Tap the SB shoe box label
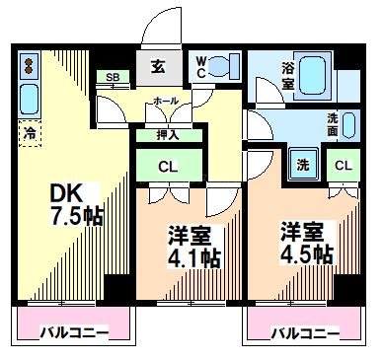point(112,77)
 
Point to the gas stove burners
point(29,68)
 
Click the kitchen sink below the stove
point(30,99)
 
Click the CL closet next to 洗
point(344,166)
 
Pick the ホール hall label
point(165,102)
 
